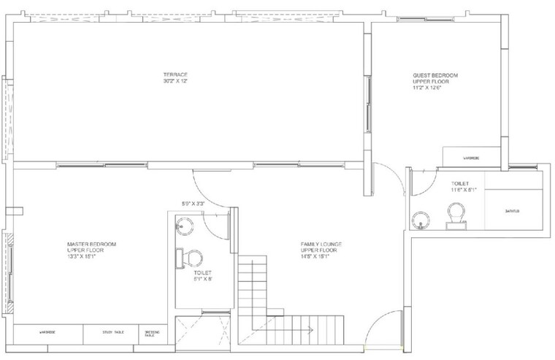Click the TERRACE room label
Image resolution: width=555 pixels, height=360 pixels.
pos(175,74)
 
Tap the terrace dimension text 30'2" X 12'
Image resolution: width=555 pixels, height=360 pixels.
pos(175,80)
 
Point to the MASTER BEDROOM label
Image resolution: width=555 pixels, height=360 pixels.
pos(91,244)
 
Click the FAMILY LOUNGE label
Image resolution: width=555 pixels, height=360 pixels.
pos(321,244)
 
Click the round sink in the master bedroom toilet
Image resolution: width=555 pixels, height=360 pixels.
pos(182,226)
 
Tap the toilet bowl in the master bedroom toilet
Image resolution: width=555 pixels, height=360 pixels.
pos(191,258)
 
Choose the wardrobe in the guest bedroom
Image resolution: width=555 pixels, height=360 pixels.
pos(471,156)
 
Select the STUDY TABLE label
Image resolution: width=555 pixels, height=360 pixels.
pos(113,333)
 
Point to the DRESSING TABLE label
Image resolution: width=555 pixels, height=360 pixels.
pos(150,333)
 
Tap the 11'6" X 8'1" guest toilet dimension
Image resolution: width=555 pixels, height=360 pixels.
pos(464,190)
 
